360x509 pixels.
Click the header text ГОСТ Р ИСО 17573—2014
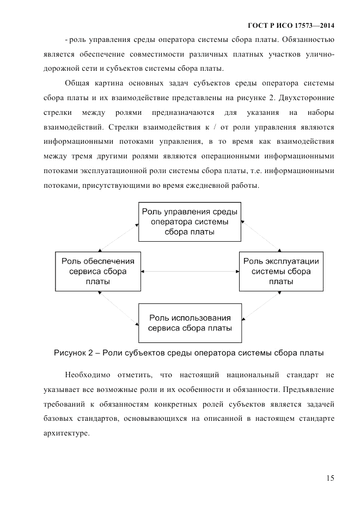pos(291,26)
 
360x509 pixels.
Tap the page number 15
pos(330,478)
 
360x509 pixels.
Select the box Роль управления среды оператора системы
pos(189,222)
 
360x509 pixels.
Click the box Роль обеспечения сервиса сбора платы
pos(98,271)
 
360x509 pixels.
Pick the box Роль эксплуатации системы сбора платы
pos(280,271)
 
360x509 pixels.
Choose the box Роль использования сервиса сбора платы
pos(189,323)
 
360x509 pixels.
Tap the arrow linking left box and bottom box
pos(117,308)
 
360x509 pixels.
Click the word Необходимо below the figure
pos(87,376)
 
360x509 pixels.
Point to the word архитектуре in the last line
pos(66,434)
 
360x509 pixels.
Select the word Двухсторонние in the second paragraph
pos(308,98)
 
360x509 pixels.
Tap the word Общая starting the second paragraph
pos(78,83)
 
